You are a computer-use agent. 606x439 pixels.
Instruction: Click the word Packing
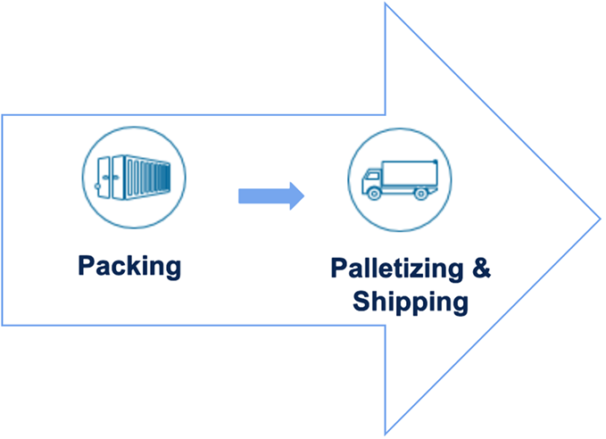129,265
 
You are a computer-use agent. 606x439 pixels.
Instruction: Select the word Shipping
410,301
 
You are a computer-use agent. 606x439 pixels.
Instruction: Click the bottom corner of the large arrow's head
386,434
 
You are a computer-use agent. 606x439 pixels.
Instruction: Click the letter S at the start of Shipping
360,301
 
